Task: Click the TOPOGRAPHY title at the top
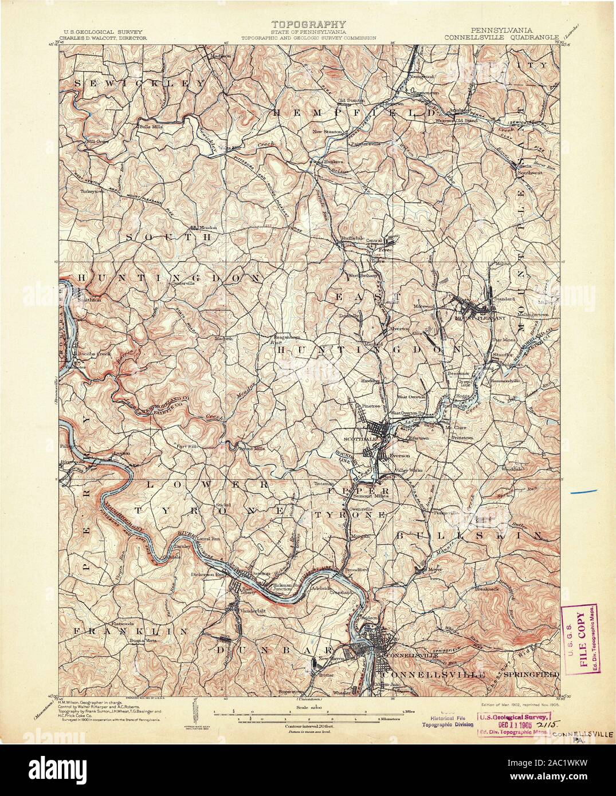(308, 24)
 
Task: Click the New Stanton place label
(327, 131)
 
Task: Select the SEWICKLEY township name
(138, 83)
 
